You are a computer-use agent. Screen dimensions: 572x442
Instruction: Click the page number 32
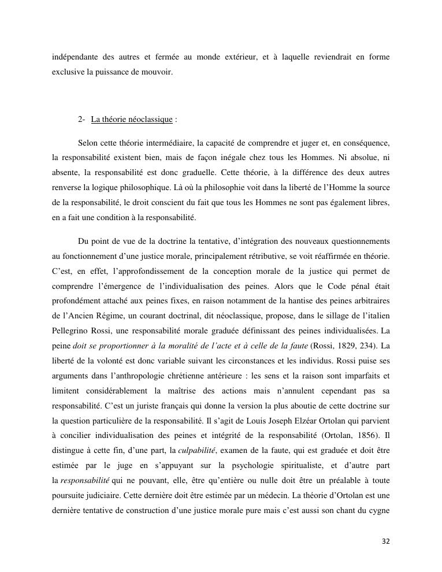[x=386, y=541]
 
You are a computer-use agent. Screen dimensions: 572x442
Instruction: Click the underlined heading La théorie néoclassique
[x=132, y=120]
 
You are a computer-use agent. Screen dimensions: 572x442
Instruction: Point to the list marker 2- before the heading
[x=81, y=120]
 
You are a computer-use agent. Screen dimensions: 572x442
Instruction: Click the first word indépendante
[x=73, y=57]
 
